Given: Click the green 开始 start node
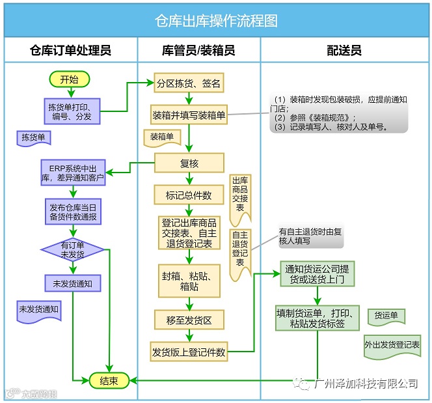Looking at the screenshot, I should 69,79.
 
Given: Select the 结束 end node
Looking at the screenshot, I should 107,381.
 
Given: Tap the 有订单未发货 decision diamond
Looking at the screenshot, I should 73,250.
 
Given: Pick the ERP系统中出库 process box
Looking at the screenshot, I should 72,173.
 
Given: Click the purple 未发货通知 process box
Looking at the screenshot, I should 72,283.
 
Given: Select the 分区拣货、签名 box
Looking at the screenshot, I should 189,84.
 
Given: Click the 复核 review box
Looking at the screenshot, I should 189,163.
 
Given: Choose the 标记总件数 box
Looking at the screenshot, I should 189,195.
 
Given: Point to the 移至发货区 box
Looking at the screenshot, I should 189,320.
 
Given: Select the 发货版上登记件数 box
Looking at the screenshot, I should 189,352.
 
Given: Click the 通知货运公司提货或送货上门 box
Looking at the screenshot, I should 317,274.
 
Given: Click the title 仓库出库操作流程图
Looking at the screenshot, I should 216,21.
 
